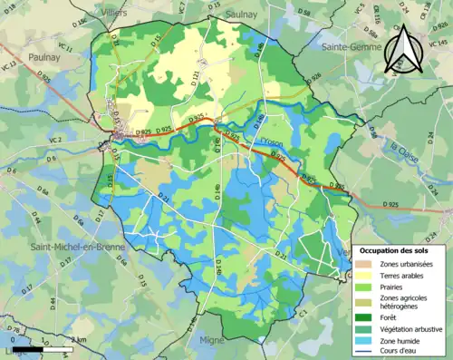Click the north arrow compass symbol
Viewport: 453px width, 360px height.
(x=401, y=50)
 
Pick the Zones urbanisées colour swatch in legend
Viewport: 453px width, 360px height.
(x=363, y=264)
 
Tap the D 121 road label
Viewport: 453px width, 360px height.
(x=194, y=84)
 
